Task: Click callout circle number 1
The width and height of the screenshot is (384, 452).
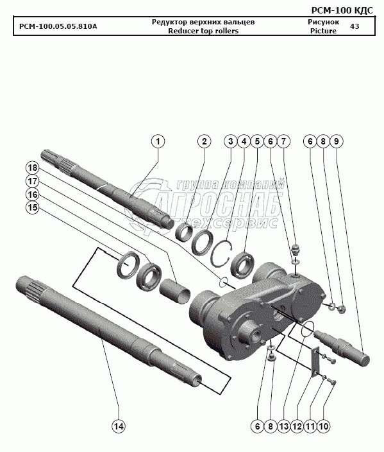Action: tap(158, 141)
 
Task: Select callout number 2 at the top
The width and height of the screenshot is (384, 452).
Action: tap(204, 141)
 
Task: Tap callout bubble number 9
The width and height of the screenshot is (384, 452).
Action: tap(336, 141)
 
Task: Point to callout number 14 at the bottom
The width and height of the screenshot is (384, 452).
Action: tap(119, 426)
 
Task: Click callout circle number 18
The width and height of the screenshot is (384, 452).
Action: tap(32, 168)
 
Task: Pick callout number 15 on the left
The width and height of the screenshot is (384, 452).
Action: tap(32, 207)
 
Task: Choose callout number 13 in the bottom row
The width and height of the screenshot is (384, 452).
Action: tap(284, 426)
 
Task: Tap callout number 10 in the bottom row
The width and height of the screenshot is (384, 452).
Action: tap(324, 426)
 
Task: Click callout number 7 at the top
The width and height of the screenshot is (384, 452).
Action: tap(283, 141)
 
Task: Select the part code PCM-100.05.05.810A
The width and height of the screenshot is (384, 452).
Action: tap(58, 26)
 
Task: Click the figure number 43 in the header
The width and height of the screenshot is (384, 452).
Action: tap(355, 26)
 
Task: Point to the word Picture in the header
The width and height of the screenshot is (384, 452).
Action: tap(323, 31)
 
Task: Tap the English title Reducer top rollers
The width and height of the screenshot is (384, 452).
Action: tap(203, 31)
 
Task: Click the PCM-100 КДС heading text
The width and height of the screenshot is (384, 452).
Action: tap(342, 10)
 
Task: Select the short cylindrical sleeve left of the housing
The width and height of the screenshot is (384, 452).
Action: tap(175, 291)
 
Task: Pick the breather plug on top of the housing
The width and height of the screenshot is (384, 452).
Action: tap(295, 249)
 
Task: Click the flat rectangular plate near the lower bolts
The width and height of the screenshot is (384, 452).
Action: tap(316, 361)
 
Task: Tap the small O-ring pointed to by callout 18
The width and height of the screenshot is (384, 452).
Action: tap(224, 282)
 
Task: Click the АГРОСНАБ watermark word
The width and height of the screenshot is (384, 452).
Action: tap(219, 204)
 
